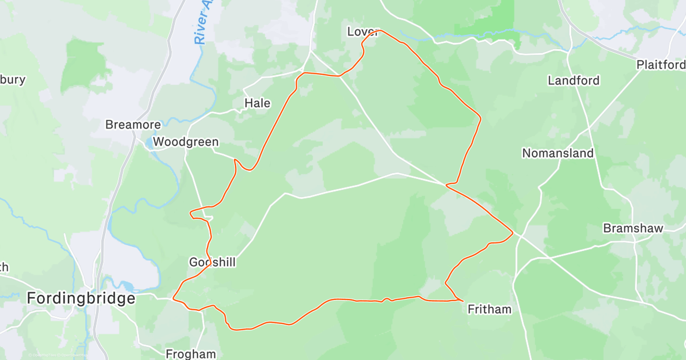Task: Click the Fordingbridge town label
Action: (82, 298)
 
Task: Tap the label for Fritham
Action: (489, 309)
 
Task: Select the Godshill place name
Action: (212, 262)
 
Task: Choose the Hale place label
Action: (257, 103)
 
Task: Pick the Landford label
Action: (573, 81)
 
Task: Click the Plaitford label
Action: (661, 65)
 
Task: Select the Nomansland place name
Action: (558, 153)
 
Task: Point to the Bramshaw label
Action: (633, 229)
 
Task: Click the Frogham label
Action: (190, 354)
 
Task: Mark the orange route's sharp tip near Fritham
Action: (462, 299)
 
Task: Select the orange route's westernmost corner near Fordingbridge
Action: (173, 297)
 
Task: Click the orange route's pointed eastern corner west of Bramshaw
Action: (512, 233)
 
